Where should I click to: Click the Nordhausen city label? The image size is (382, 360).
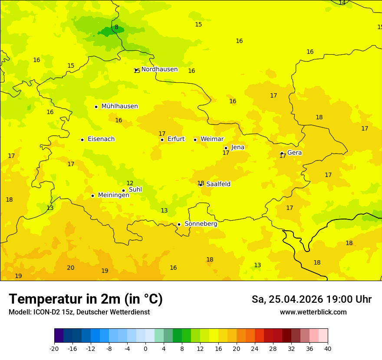(x=159, y=69)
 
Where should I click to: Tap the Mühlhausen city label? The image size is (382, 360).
(x=119, y=106)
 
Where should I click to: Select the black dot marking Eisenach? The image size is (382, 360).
(x=82, y=140)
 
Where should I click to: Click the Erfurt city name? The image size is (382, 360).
(x=176, y=139)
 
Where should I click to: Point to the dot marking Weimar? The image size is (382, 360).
(x=195, y=140)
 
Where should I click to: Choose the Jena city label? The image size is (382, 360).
(x=237, y=147)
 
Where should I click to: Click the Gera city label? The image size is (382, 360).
(x=294, y=153)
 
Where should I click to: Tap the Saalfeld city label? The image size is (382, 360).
(x=218, y=184)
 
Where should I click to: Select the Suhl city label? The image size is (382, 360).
(x=135, y=190)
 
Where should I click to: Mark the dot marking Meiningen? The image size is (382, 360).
(x=92, y=196)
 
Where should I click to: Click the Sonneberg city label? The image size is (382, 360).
(x=201, y=224)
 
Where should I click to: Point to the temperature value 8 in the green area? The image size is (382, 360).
(x=116, y=27)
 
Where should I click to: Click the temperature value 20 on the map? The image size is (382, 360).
(x=70, y=268)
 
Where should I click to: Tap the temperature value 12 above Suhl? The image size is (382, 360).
(x=130, y=183)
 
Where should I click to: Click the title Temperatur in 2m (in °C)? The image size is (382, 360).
(x=86, y=299)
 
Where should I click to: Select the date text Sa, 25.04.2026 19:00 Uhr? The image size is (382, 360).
(x=311, y=299)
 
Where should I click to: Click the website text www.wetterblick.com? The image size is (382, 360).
(x=313, y=312)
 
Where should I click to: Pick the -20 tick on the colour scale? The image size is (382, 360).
(x=54, y=348)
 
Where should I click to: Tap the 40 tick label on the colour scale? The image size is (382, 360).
(x=328, y=348)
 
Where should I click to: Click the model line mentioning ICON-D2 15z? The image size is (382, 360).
(x=79, y=312)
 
